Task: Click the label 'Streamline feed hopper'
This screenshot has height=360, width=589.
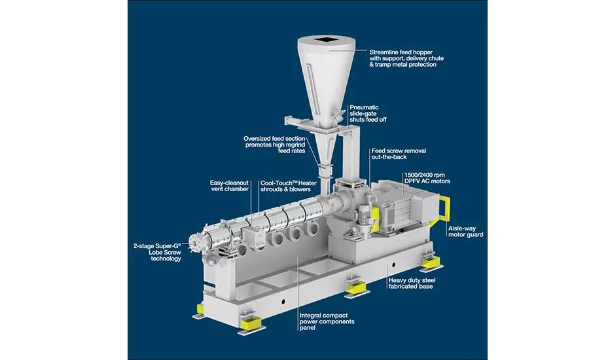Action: pos(401,52)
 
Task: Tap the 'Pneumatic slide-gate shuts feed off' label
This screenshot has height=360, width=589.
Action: pos(368,113)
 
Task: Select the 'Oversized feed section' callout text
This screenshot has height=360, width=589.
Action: pos(274,139)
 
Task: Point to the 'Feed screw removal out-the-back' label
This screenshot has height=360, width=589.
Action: pos(399,154)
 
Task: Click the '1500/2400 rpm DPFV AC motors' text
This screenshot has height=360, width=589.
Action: pos(427,178)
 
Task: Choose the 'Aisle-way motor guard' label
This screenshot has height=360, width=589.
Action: pos(466,232)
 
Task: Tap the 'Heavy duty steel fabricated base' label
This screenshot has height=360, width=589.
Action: pos(412,283)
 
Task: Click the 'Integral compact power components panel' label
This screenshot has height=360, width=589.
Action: pos(327,321)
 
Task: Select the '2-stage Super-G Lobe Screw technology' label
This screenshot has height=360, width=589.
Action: pos(157,252)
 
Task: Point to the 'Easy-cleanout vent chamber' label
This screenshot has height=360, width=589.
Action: pos(229,186)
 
